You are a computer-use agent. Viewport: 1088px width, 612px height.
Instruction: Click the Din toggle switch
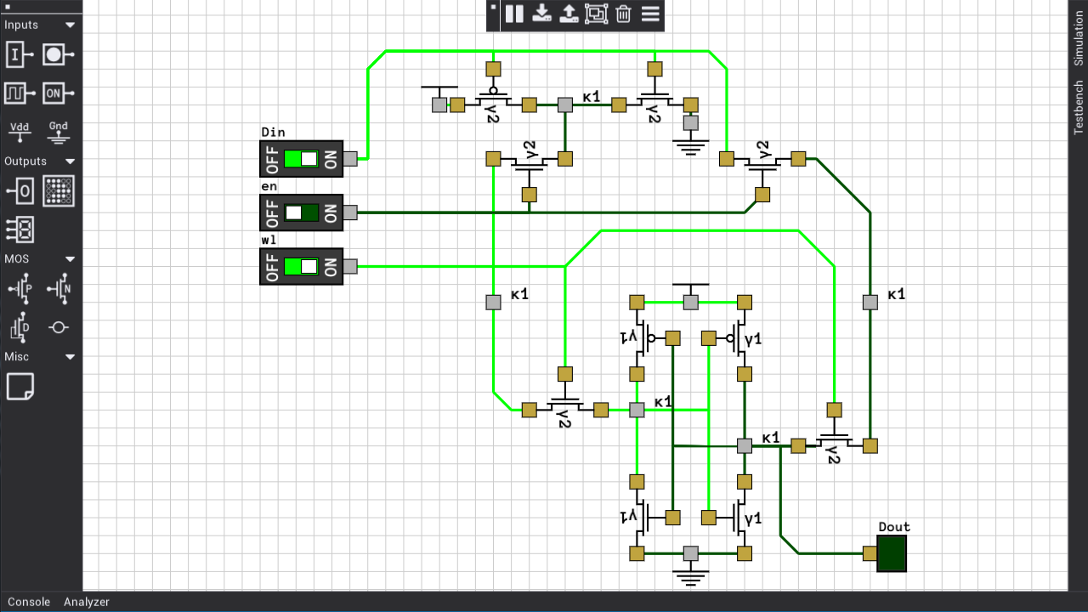(x=301, y=159)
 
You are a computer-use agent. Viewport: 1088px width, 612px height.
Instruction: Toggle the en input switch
(x=301, y=212)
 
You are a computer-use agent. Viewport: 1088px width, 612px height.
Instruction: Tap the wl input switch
(x=301, y=266)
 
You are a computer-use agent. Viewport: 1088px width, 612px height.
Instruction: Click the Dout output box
(x=892, y=553)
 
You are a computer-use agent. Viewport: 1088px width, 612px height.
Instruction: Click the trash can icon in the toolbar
(x=623, y=14)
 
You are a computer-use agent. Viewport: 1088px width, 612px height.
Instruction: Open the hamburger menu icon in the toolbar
(x=650, y=14)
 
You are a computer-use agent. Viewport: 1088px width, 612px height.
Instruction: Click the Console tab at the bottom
(x=29, y=602)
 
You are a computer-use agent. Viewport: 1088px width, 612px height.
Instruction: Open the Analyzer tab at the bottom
(x=87, y=602)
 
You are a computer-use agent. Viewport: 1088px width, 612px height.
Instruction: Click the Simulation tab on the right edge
(x=1079, y=39)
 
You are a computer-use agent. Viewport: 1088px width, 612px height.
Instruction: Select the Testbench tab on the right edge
(x=1079, y=107)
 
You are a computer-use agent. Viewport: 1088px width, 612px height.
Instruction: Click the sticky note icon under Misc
(x=20, y=387)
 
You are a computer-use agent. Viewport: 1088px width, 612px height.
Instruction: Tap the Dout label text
(x=893, y=527)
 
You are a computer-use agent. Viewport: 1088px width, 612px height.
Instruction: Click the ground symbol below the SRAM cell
(x=690, y=577)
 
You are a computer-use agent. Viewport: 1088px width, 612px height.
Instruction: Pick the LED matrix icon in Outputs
(x=58, y=191)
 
